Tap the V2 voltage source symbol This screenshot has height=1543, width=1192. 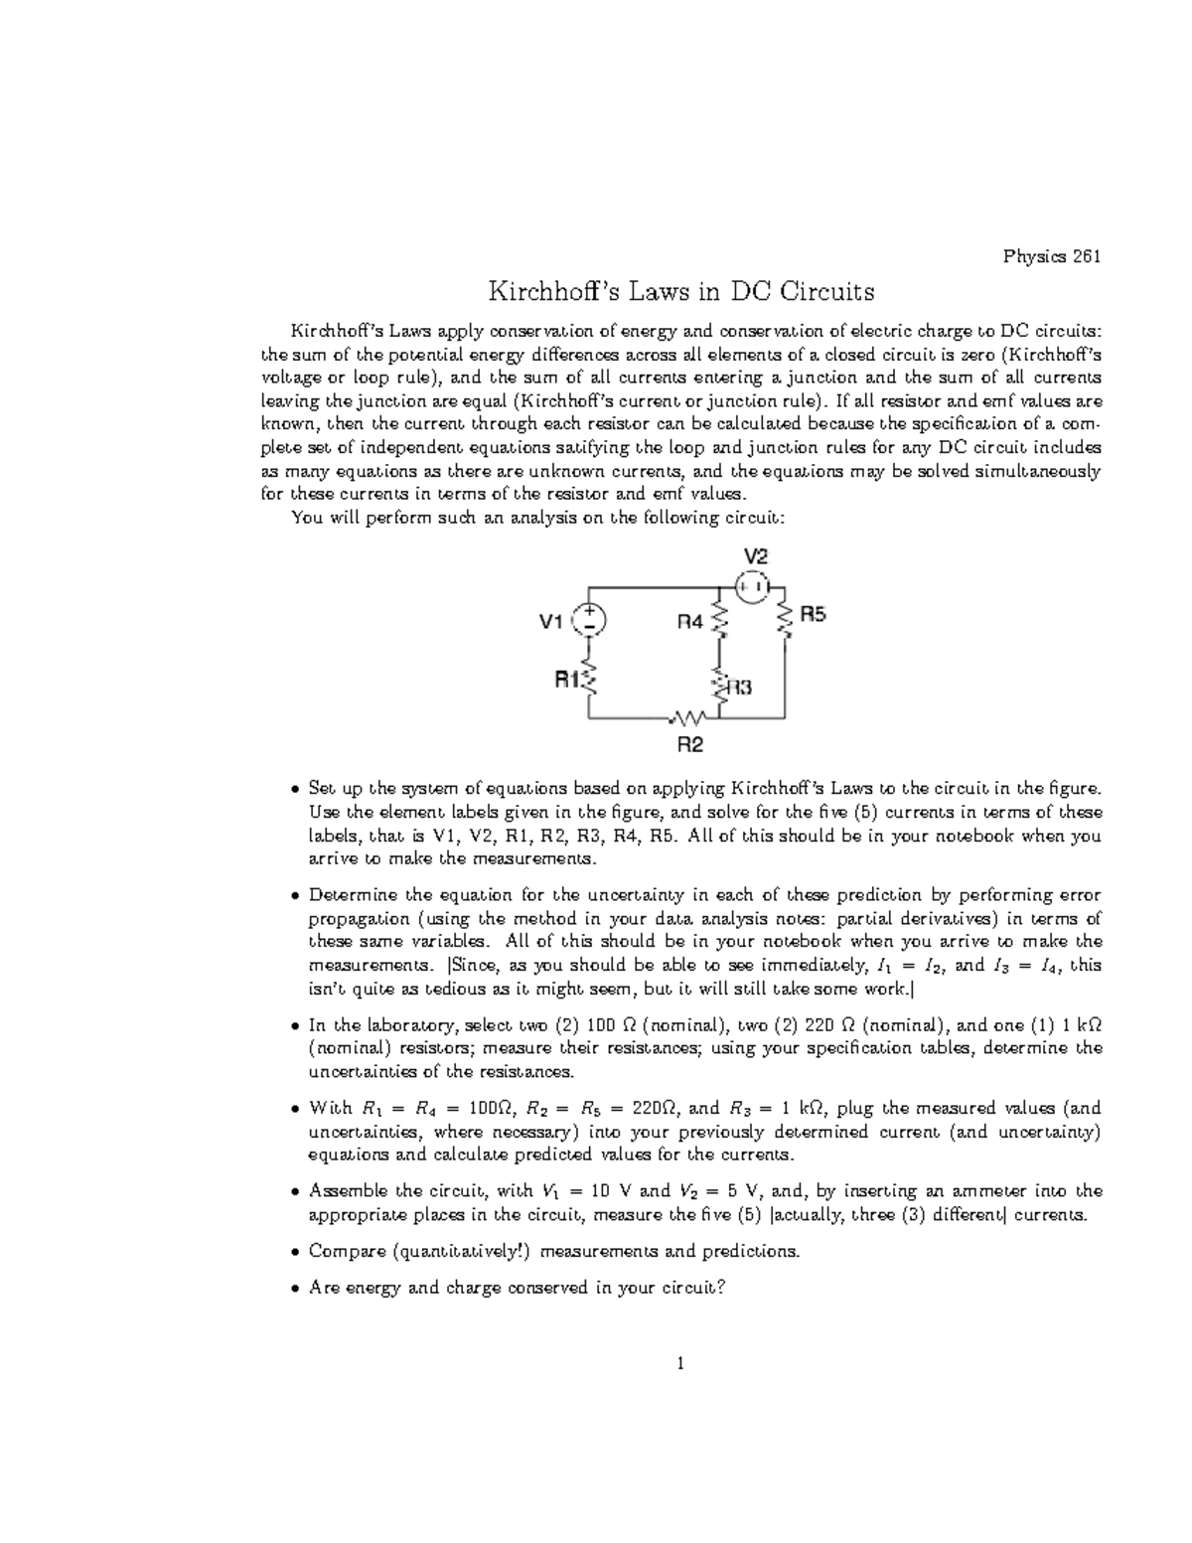click(752, 586)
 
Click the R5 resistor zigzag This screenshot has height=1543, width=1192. click(786, 620)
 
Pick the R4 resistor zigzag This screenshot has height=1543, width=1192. click(720, 620)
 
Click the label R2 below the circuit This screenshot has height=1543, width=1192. click(690, 744)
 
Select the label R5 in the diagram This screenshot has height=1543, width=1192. click(814, 615)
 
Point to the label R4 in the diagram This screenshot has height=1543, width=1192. click(690, 622)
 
